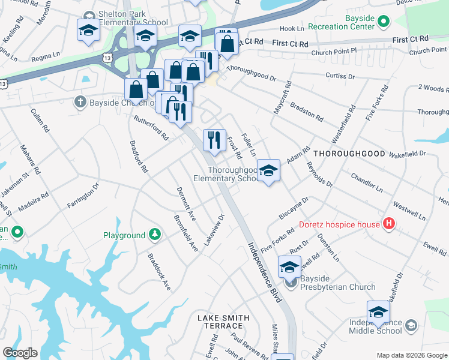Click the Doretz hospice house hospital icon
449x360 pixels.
click(x=389, y=224)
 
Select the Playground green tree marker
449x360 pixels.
click(x=155, y=235)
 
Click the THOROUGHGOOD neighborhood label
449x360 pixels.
click(x=349, y=154)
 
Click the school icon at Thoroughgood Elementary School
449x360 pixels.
click(x=269, y=170)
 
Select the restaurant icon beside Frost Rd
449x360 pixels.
click(x=214, y=140)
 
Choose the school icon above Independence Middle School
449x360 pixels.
click(x=378, y=312)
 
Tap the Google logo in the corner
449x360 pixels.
click(x=20, y=353)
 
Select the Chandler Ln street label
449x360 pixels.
click(x=366, y=182)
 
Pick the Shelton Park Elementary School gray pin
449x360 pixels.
click(x=88, y=15)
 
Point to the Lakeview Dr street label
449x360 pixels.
click(x=214, y=229)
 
